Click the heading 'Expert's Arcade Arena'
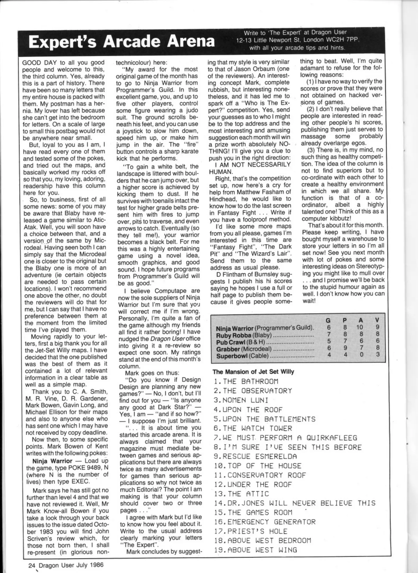point(121,42)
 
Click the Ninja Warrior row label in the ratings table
point(264,328)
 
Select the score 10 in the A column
point(360,327)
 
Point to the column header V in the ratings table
point(377,320)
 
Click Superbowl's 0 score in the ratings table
point(361,355)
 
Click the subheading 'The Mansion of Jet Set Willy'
point(253,372)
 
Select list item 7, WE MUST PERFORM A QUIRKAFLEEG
point(285,438)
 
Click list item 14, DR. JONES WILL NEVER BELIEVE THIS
point(294,503)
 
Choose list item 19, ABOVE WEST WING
point(255,550)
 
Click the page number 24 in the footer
point(32,565)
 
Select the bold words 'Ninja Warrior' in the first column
point(52,461)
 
